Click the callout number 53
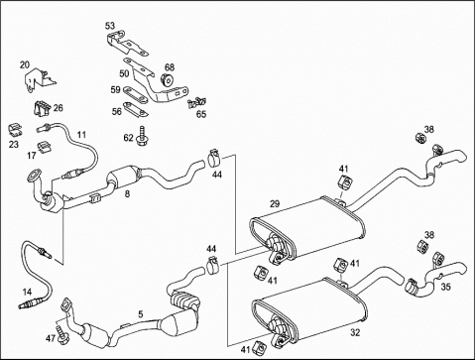pos(110,25)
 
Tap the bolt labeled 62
pos(143,136)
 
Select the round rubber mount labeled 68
pos(168,79)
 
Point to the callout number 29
pos(275,204)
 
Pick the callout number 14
pos(27,292)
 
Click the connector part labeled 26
pos(42,108)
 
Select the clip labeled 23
pos(15,130)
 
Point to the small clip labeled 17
pos(43,147)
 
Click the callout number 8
pos(127,193)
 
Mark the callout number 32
pos(355,333)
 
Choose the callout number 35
pos(446,287)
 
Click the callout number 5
pos(141,314)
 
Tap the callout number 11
pos(81,135)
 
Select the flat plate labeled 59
pos(135,94)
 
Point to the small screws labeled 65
pos(196,102)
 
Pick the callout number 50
pos(124,73)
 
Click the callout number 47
pos(51,338)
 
